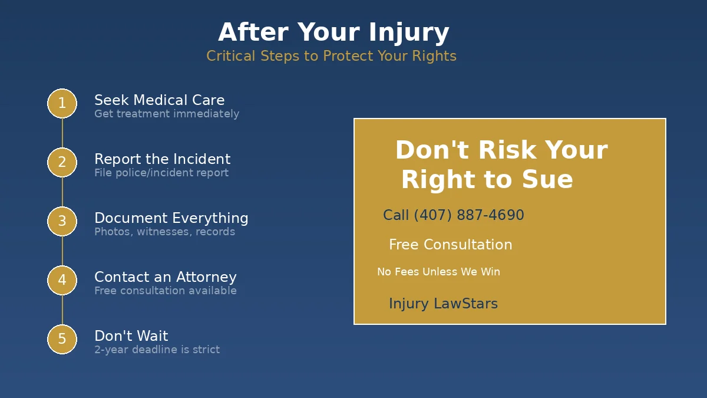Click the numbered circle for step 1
tap(62, 103)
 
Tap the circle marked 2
tap(62, 162)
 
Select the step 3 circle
tap(62, 221)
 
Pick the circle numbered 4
tap(62, 280)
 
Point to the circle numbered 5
tap(62, 339)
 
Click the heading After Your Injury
tap(333, 32)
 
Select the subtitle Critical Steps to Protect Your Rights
tap(331, 56)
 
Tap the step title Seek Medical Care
tap(159, 100)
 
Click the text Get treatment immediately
tap(167, 114)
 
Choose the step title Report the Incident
tap(162, 159)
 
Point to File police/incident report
tap(161, 173)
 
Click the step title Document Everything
tap(171, 218)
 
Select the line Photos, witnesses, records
tap(164, 232)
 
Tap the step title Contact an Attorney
tap(165, 277)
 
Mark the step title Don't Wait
tap(131, 336)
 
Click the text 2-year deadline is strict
tap(157, 350)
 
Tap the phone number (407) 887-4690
tap(468, 215)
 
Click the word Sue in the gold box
tap(550, 180)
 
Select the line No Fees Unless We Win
tap(438, 272)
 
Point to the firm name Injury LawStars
tap(443, 304)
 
